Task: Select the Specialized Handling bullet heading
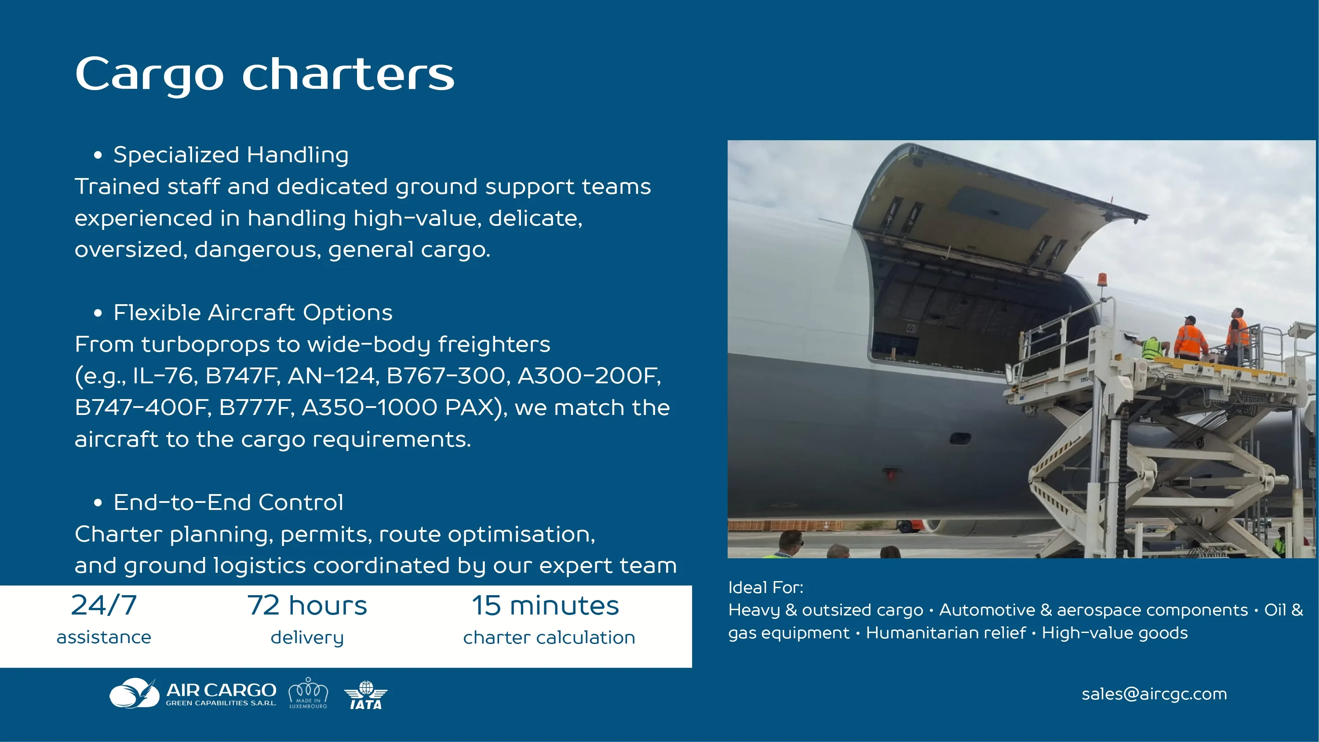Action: click(x=230, y=155)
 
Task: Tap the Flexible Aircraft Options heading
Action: click(x=252, y=313)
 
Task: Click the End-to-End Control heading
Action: click(x=228, y=502)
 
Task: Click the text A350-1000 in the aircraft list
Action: click(x=371, y=407)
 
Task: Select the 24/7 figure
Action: click(x=104, y=605)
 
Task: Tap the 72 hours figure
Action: click(x=307, y=605)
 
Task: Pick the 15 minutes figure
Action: click(x=545, y=605)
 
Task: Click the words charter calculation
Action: click(x=549, y=637)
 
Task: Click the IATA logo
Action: click(x=366, y=695)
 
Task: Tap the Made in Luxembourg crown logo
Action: click(x=308, y=693)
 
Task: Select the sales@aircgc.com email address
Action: click(x=1154, y=694)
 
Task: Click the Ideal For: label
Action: click(x=765, y=587)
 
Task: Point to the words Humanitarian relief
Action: click(x=946, y=633)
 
